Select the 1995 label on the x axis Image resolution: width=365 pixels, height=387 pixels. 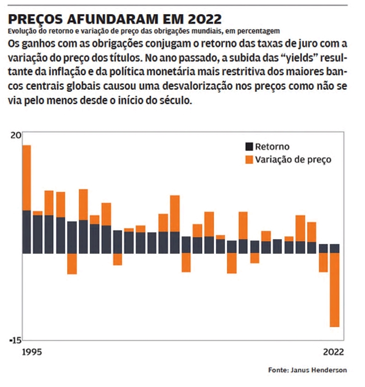click(x=32, y=352)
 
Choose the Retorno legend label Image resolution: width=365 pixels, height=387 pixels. click(x=272, y=147)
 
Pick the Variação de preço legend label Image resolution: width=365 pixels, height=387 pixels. click(x=293, y=160)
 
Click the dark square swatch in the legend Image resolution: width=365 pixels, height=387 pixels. click(x=249, y=147)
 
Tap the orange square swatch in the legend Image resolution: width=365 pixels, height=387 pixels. click(x=249, y=160)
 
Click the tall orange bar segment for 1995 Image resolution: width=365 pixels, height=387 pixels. click(x=27, y=178)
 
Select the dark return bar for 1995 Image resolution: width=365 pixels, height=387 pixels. click(x=27, y=232)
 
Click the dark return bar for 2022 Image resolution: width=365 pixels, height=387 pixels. click(x=335, y=249)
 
